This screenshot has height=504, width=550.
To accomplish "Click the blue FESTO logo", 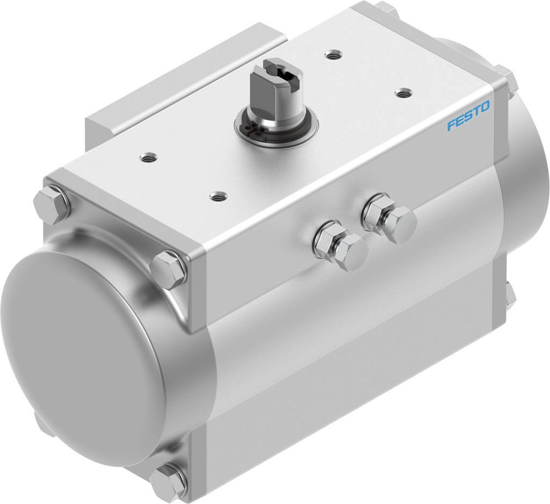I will coord(468,117).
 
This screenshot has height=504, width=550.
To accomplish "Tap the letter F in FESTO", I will coord(451,125).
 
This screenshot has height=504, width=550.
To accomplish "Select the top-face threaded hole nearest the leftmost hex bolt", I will coord(146,157).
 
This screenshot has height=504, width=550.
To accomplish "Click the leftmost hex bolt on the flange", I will coord(52,204).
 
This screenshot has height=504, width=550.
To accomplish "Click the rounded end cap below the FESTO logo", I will coord(524,177).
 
